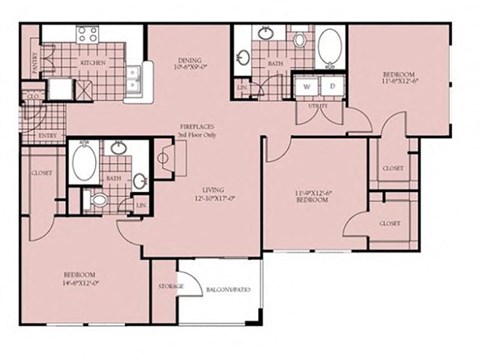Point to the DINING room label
tap(189, 60)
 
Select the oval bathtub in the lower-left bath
tap(83, 161)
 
